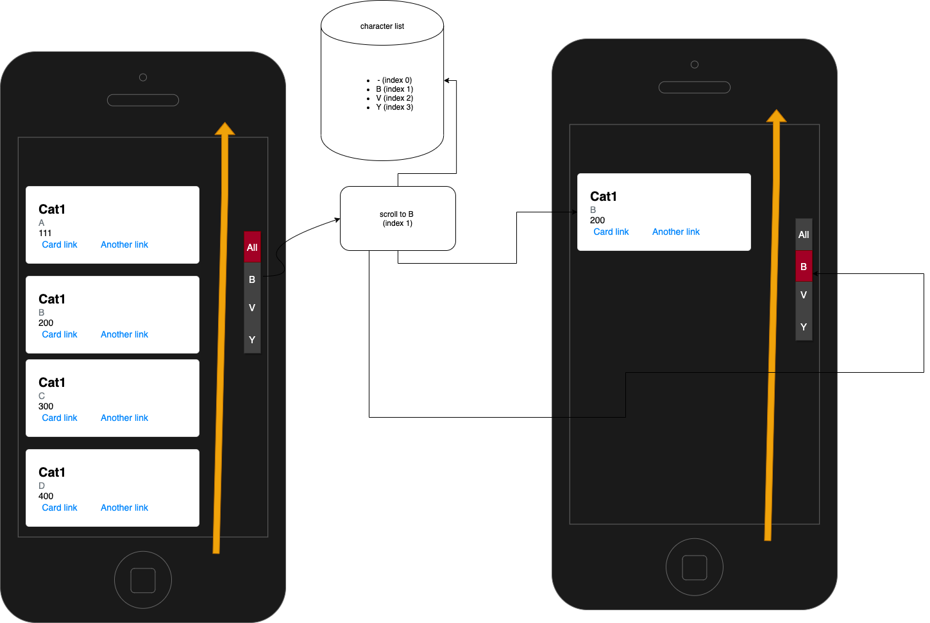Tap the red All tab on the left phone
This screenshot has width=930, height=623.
tap(252, 247)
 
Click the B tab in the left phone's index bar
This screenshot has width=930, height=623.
tap(252, 280)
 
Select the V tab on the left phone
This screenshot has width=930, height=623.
tap(252, 308)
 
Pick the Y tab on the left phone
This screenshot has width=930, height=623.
tap(252, 339)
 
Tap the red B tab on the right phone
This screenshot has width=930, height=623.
tap(804, 266)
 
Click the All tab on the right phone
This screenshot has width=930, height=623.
tap(804, 235)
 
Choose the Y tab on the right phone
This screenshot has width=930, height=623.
tap(804, 327)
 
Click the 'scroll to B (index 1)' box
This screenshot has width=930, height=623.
tap(398, 219)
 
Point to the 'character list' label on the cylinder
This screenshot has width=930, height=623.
tap(382, 26)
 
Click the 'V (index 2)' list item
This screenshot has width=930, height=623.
tap(394, 98)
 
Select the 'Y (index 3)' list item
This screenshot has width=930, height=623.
tap(394, 107)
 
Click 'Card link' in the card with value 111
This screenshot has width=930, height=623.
tap(60, 244)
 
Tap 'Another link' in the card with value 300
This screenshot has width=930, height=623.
tap(124, 418)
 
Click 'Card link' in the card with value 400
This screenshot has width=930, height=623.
tap(60, 508)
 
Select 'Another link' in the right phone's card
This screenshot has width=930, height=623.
tap(676, 232)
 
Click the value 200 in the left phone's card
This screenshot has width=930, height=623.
tap(46, 323)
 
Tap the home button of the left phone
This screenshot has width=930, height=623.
tap(143, 580)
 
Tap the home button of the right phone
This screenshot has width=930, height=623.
tap(695, 567)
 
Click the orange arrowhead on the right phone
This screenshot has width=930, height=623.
tap(776, 116)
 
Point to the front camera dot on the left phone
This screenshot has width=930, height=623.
tap(143, 78)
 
